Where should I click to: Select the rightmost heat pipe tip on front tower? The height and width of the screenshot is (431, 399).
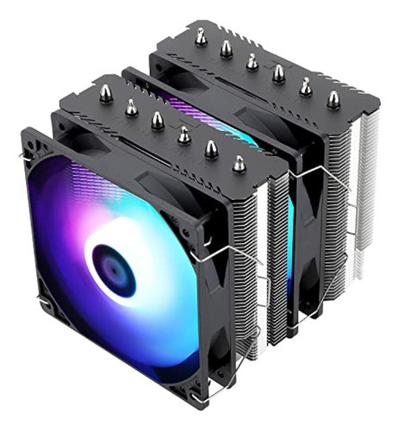coord(238,160)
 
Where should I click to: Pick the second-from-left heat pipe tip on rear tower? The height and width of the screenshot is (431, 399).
coord(226,48)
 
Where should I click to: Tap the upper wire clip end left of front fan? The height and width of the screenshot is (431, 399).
coord(21,156)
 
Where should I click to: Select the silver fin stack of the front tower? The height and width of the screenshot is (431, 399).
coord(259,284)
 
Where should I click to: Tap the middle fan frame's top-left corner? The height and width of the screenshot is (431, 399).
coord(129,73)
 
